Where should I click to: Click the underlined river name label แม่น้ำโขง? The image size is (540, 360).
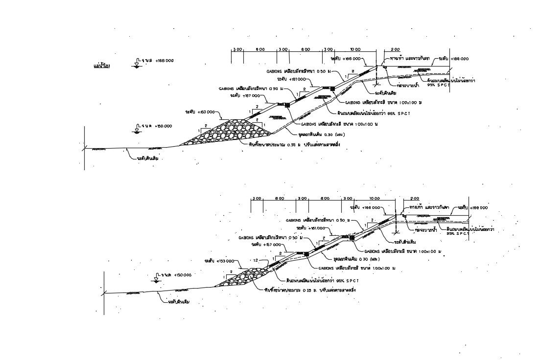101,65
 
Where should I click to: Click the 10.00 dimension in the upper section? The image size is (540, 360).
355,49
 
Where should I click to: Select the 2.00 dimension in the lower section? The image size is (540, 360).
414,199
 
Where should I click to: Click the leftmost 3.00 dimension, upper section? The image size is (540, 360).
237,49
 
